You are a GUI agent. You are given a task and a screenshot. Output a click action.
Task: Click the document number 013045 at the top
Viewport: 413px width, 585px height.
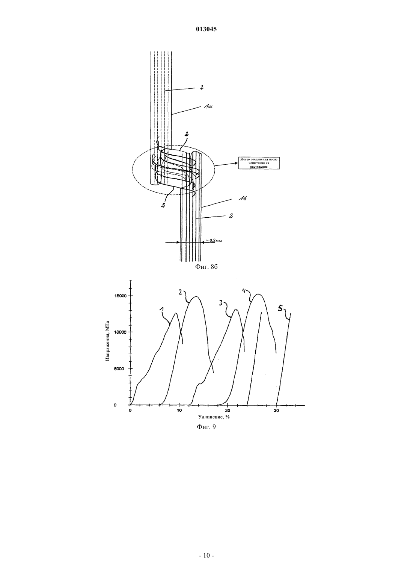tap(206, 29)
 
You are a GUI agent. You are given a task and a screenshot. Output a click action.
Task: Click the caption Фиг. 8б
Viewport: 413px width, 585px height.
tap(206, 267)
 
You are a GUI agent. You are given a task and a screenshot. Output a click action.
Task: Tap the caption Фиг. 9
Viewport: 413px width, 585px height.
tap(206, 427)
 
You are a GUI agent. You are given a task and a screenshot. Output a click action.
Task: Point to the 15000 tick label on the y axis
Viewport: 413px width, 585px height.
tap(120, 296)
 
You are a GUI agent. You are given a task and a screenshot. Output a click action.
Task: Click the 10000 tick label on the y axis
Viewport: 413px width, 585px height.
tap(120, 332)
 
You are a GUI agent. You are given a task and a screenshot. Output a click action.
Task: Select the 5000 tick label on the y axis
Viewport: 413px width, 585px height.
tap(121, 368)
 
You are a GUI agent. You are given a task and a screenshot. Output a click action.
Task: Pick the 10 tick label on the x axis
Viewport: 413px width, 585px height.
tap(179, 411)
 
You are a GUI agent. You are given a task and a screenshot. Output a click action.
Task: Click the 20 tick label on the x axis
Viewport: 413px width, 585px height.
tap(228, 411)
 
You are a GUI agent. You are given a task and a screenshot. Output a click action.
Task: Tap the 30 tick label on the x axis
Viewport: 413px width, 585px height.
tap(276, 411)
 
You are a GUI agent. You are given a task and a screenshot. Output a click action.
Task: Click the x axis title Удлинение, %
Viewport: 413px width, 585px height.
tap(214, 417)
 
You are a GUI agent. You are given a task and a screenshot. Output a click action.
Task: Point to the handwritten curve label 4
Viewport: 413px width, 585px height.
tap(244, 291)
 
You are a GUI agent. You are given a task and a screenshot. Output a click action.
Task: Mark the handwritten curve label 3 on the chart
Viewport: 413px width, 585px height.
tap(221, 303)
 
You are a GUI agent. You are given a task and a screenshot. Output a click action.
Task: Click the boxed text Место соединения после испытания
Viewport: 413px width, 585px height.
tap(259, 163)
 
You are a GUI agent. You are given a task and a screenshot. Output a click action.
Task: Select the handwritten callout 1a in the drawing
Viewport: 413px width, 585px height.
tap(208, 107)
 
